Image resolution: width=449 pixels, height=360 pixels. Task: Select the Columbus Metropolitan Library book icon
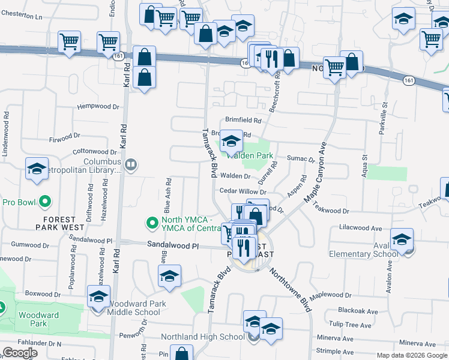[x=130, y=164]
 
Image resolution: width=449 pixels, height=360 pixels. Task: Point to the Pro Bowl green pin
[x=44, y=202]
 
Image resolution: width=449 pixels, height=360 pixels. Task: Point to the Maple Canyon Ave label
[x=317, y=173]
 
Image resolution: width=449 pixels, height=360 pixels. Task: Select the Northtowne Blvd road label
[x=290, y=290]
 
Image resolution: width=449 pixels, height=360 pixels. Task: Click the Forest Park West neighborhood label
[x=59, y=223]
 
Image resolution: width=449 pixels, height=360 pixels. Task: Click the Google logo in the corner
[x=20, y=353]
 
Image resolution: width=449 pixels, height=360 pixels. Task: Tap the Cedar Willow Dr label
[x=243, y=191]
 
